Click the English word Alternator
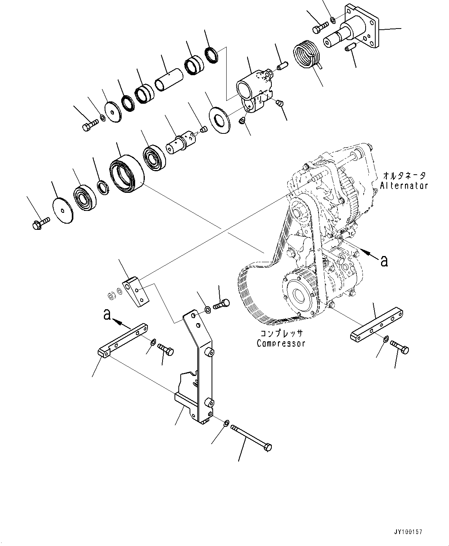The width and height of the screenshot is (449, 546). coord(404,185)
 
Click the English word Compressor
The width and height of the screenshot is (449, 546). coord(281,343)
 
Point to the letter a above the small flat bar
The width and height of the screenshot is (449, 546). coord(107,315)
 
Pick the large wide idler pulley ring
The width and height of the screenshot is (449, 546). coord(126,172)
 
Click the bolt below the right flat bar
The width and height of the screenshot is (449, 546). coord(400,347)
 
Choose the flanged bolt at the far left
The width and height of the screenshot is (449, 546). coord(40,222)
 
